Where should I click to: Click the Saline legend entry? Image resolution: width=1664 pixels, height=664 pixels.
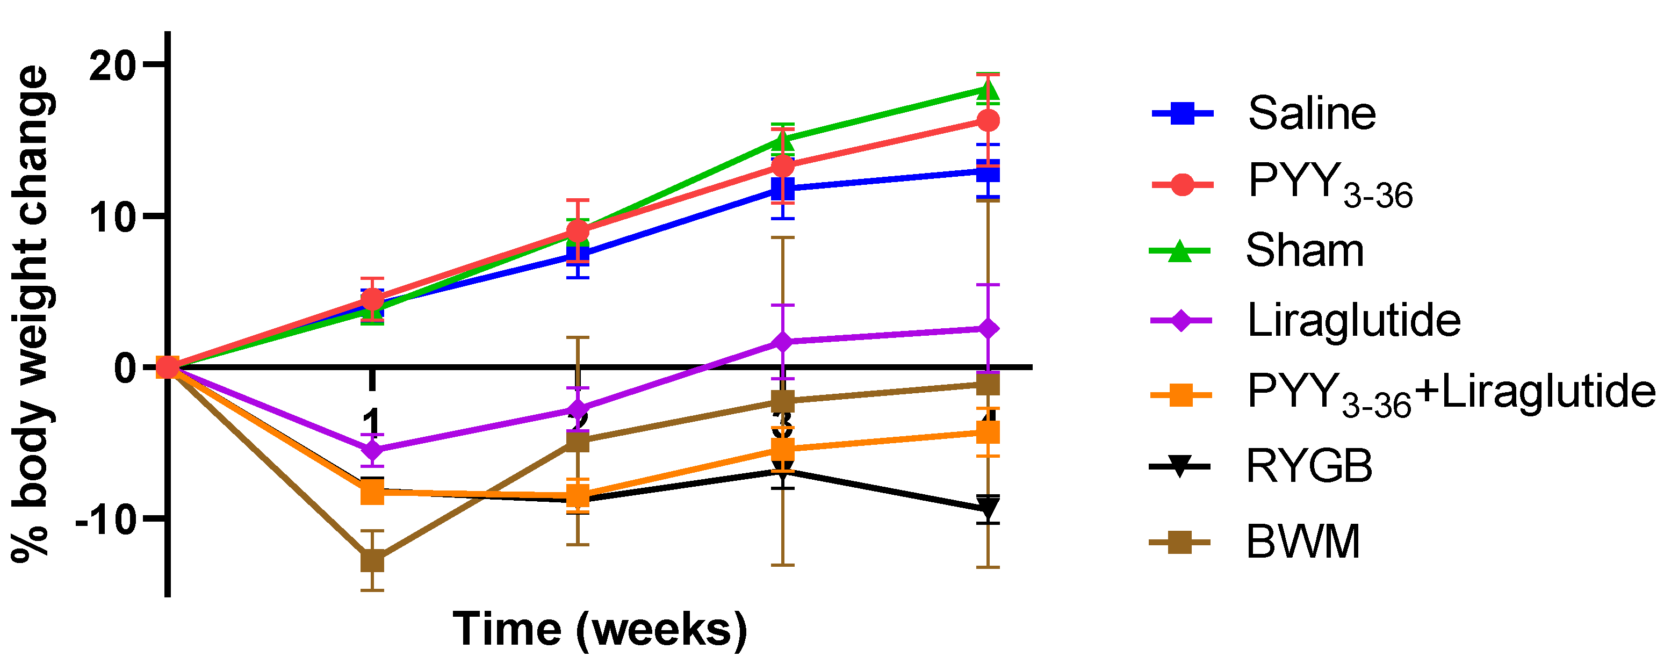1312,114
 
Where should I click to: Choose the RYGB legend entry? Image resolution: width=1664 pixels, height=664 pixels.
1309,466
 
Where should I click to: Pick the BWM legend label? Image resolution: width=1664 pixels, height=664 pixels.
1302,542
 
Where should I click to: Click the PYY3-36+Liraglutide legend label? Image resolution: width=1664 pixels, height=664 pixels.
1451,393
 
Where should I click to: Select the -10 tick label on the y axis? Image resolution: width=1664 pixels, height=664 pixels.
106,518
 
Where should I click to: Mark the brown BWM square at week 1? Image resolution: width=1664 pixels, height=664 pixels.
372,561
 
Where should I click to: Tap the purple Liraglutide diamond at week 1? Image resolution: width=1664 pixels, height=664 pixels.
372,450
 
